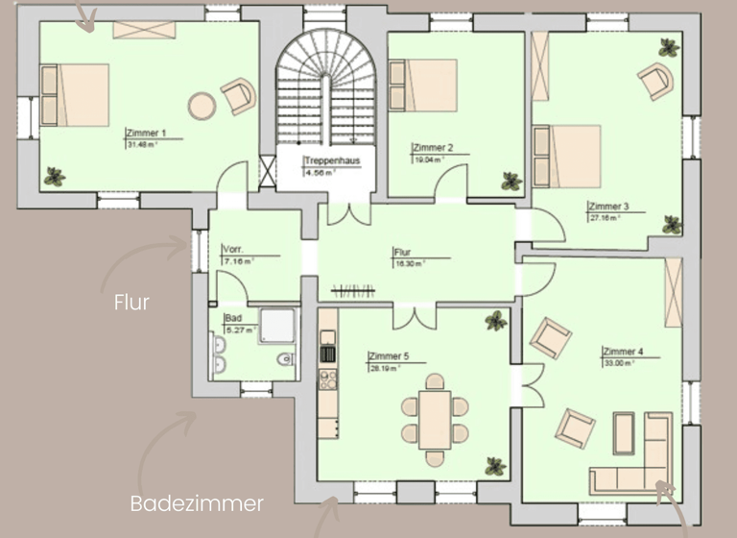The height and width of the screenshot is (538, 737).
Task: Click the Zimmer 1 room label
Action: [x=147, y=134]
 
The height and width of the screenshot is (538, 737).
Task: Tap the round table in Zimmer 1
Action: [x=202, y=105]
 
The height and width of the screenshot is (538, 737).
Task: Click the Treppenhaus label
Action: [x=331, y=160]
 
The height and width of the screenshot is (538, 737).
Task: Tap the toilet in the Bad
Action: [x=285, y=360]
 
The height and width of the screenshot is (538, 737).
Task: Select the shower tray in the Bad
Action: [x=278, y=326]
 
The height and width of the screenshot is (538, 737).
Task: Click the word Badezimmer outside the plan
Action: [x=196, y=503]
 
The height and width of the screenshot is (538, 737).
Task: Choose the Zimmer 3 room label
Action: [x=608, y=207]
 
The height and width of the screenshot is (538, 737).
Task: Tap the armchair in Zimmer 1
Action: [x=238, y=96]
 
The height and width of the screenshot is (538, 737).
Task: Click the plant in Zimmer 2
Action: [x=511, y=180]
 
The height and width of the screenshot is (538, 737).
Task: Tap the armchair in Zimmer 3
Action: [x=655, y=81]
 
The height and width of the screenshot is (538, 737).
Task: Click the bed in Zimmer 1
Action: [x=74, y=95]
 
